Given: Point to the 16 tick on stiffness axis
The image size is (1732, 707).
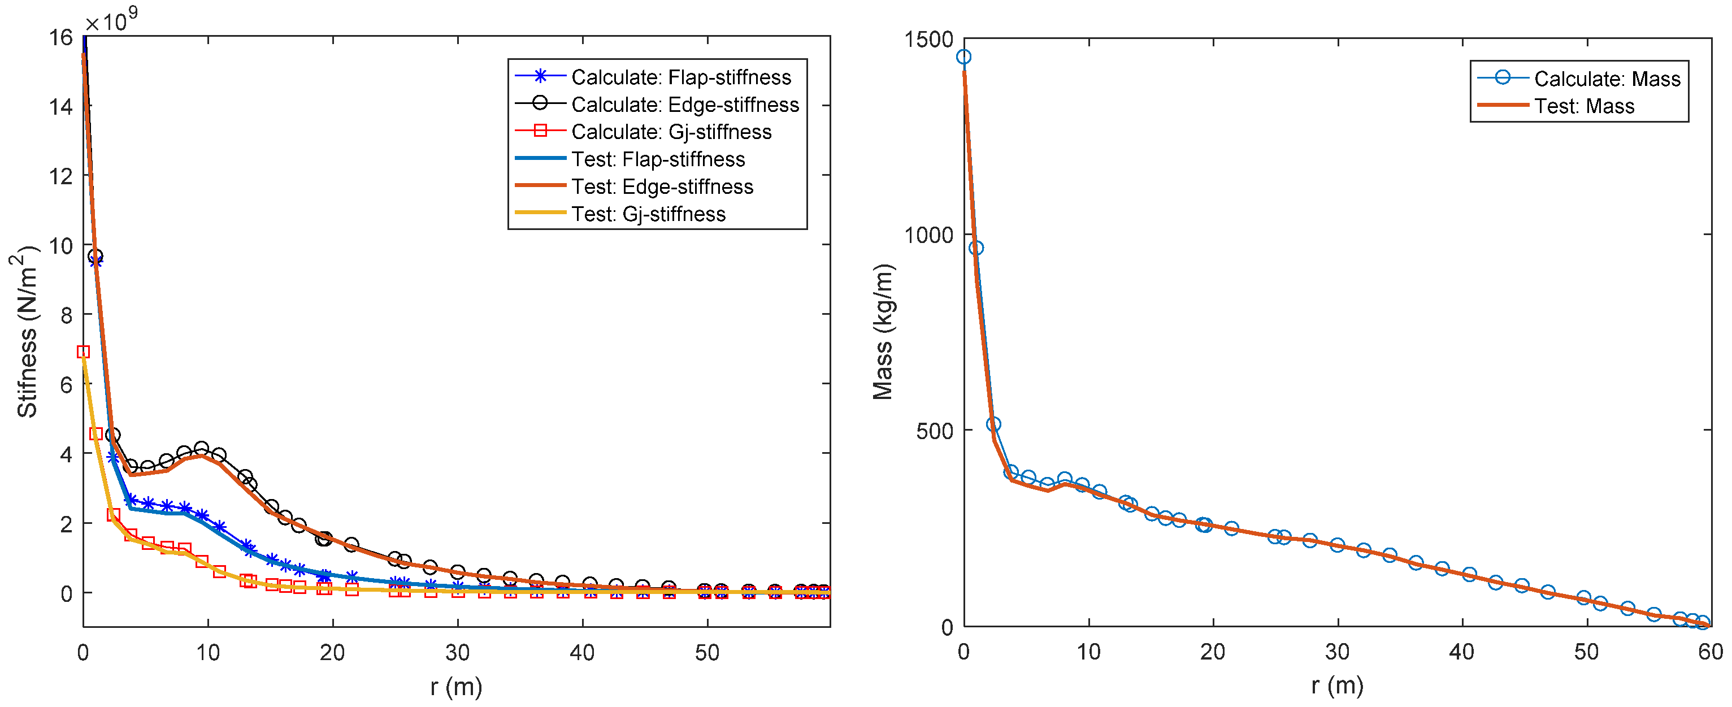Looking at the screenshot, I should (60, 38).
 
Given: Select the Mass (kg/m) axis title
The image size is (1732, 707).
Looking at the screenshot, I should (883, 332).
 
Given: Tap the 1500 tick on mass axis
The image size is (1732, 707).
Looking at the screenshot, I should (928, 39).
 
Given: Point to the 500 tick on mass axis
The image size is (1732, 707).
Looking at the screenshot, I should (935, 431).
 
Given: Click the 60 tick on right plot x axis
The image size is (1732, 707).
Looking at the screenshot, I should (1710, 651).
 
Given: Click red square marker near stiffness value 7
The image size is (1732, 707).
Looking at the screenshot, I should (84, 352).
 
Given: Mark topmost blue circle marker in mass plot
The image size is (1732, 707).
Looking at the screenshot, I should (963, 57).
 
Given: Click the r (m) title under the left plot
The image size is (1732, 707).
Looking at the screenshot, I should (456, 687).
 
